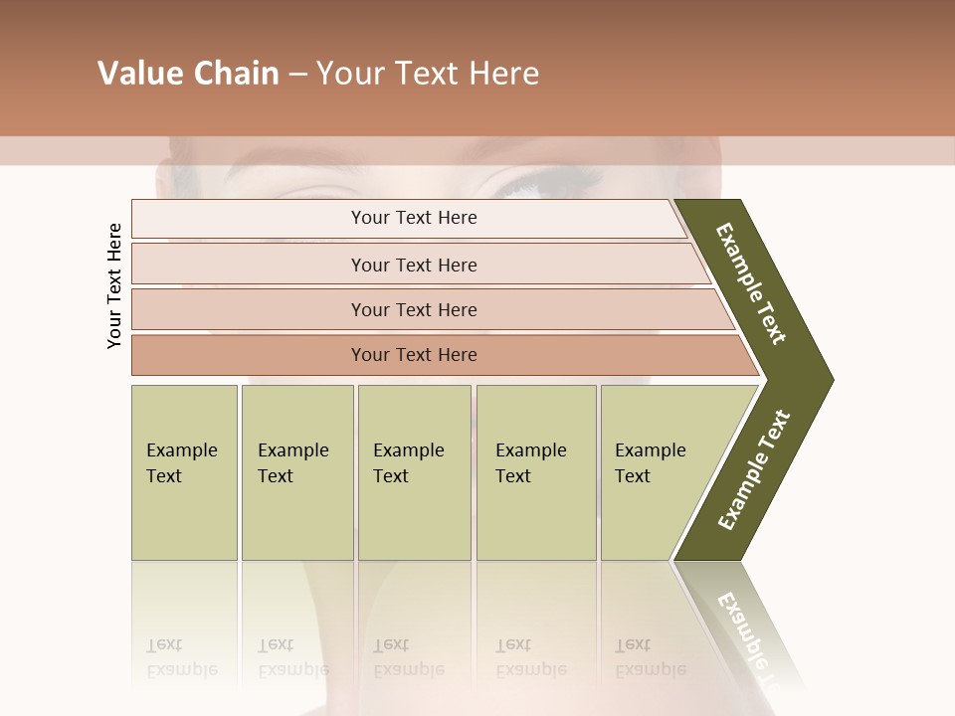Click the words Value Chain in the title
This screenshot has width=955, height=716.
pyautogui.click(x=188, y=74)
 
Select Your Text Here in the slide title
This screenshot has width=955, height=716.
pyautogui.click(x=428, y=74)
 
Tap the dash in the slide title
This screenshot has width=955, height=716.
pyautogui.click(x=297, y=75)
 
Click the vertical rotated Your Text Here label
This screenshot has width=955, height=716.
pyautogui.click(x=114, y=285)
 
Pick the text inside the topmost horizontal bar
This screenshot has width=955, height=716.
pyautogui.click(x=414, y=218)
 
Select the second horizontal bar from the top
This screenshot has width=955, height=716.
pyautogui.click(x=414, y=265)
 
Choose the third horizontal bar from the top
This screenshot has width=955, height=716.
pyautogui.click(x=414, y=309)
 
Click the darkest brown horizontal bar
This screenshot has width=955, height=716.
pyautogui.click(x=414, y=355)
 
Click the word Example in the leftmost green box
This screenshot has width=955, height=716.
pyautogui.click(x=181, y=450)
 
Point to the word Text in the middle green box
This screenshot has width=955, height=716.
pyautogui.click(x=391, y=476)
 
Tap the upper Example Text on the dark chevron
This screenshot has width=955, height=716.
pyautogui.click(x=751, y=283)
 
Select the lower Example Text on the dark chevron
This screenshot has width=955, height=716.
pyautogui.click(x=754, y=469)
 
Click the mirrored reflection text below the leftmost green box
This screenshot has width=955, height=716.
pyautogui.click(x=181, y=657)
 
